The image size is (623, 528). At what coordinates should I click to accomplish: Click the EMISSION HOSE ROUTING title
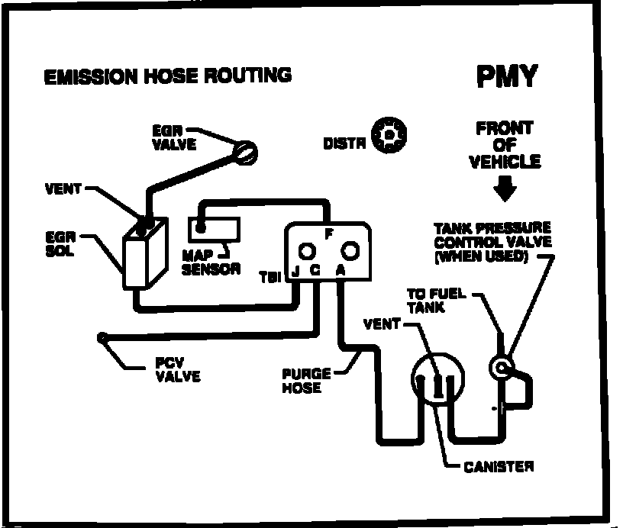click(167, 76)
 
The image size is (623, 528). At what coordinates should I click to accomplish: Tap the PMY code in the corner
click(507, 76)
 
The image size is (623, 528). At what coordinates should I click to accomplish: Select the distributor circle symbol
click(389, 136)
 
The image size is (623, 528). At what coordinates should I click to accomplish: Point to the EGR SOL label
click(61, 243)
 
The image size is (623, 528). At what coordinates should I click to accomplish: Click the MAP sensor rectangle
click(215, 227)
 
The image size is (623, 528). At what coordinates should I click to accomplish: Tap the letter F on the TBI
click(327, 234)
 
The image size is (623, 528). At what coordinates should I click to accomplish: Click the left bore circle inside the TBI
click(306, 251)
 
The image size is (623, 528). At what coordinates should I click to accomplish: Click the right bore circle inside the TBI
click(350, 250)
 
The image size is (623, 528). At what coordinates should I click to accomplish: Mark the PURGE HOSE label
click(306, 380)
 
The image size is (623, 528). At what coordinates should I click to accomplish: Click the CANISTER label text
click(499, 466)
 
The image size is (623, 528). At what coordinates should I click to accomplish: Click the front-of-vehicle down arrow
click(505, 188)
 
